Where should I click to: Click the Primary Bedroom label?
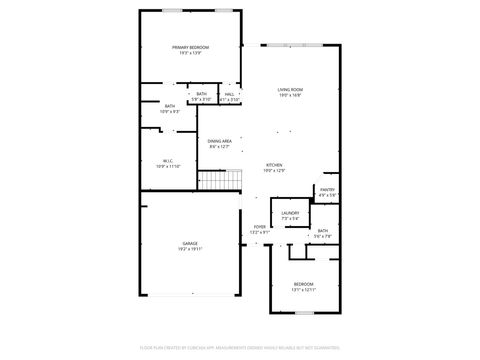click(x=190, y=48)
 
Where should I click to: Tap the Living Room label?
click(x=290, y=90)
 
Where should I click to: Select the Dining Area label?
click(x=220, y=142)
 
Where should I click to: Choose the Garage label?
click(x=190, y=243)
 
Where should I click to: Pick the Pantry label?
click(x=327, y=189)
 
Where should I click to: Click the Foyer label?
click(x=260, y=228)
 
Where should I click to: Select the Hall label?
click(x=229, y=95)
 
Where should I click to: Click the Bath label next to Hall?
click(x=202, y=95)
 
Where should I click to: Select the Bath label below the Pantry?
click(x=323, y=231)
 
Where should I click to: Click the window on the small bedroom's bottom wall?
click(x=303, y=313)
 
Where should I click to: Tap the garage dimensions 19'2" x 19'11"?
click(x=190, y=249)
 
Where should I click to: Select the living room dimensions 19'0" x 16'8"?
click(x=290, y=96)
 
